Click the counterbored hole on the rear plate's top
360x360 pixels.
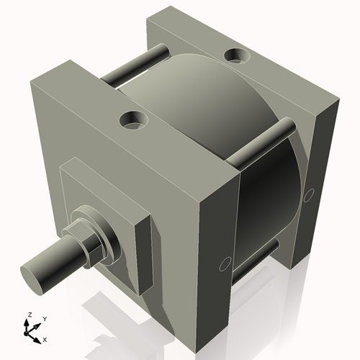click(x=235, y=55)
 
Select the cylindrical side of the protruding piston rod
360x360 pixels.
click(x=54, y=259)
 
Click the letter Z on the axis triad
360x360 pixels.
click(x=28, y=315)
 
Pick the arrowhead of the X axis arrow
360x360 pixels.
click(x=37, y=336)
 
